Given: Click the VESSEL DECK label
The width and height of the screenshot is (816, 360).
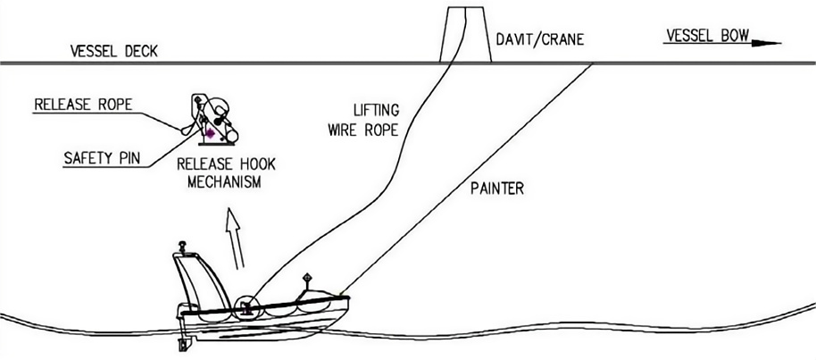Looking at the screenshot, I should pos(114,51).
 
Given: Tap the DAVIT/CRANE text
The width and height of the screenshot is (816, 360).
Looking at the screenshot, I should pos(533,40).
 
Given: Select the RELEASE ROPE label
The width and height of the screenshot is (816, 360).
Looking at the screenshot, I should pos(83,105).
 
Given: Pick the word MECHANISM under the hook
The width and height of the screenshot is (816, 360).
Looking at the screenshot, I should pos(219,183).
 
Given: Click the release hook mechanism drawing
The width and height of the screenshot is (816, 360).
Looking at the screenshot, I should pos(212,120).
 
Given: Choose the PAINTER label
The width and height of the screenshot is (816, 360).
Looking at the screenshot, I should pos(495,189).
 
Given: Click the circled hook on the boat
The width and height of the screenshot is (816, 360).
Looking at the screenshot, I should pos(246,309).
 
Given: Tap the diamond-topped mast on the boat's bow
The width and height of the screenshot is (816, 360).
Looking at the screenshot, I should pos(306,284).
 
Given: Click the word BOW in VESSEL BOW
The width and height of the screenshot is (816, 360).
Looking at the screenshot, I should pos(734,37).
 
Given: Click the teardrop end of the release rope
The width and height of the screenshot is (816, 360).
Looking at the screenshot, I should pos(186,129).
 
